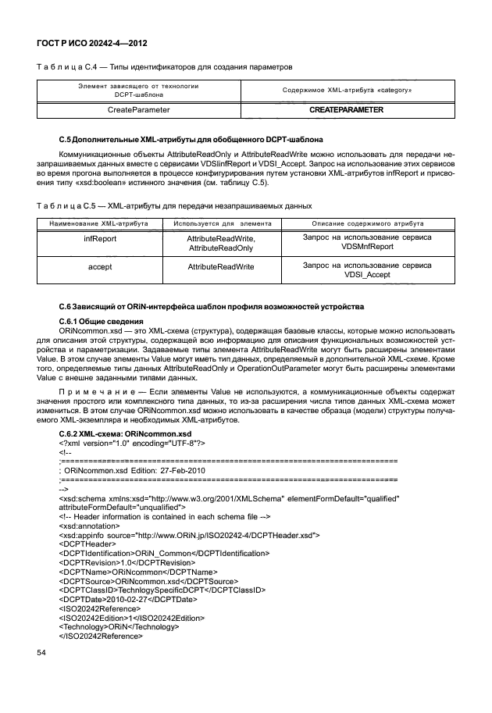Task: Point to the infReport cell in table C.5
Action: click(x=100, y=238)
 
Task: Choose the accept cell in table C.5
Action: click(x=100, y=266)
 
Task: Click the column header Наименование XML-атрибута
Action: click(x=100, y=223)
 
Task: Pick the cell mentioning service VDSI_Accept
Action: click(x=366, y=271)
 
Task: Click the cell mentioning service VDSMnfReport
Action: click(x=366, y=242)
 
